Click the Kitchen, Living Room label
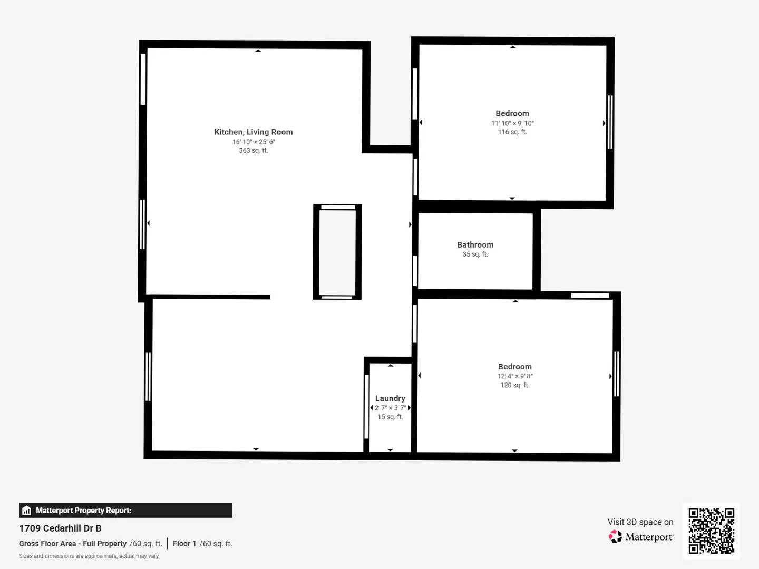point(253,132)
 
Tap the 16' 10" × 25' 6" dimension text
point(254,142)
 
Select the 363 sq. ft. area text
point(253,151)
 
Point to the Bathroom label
point(475,244)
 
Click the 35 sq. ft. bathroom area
point(475,254)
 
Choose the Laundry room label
point(390,398)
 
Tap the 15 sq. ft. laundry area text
point(390,417)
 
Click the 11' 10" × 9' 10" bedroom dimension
point(512,123)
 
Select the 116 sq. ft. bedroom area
point(512,132)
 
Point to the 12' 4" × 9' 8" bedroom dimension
point(515,376)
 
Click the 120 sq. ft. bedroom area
point(515,385)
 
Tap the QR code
point(711,531)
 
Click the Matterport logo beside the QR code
point(641,537)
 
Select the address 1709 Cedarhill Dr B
point(60,528)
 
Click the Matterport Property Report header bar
point(125,510)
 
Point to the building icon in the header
point(27,511)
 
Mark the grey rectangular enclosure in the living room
point(337,252)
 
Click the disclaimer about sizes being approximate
point(89,556)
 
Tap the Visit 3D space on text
point(640,522)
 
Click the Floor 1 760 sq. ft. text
point(202,544)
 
